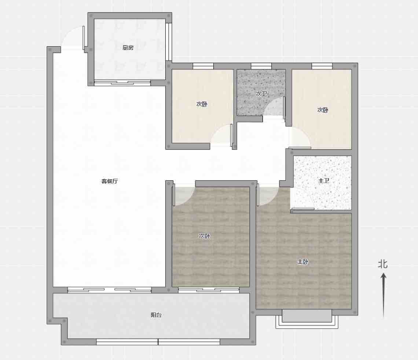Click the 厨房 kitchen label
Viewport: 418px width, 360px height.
point(128,48)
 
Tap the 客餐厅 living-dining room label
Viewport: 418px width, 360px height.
point(109,181)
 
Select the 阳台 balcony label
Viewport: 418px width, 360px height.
point(156,315)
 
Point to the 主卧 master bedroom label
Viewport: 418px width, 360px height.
point(303,262)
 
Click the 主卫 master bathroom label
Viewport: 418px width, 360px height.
point(324,181)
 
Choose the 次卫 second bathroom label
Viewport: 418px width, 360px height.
point(261,94)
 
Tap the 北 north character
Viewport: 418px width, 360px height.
point(383,264)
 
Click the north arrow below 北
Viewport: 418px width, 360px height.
point(383,296)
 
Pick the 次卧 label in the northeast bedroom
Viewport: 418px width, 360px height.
point(323,110)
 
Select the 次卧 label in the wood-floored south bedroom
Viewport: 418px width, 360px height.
point(205,236)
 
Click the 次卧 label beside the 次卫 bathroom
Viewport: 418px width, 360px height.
point(202,104)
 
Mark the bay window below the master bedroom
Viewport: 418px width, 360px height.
point(307,319)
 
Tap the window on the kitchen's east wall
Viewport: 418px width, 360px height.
point(169,42)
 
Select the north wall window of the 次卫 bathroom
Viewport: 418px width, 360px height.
point(261,66)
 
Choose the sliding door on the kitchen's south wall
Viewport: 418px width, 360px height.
point(122,83)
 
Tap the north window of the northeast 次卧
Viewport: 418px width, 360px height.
point(322,66)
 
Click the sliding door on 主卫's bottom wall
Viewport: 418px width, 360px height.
point(303,209)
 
